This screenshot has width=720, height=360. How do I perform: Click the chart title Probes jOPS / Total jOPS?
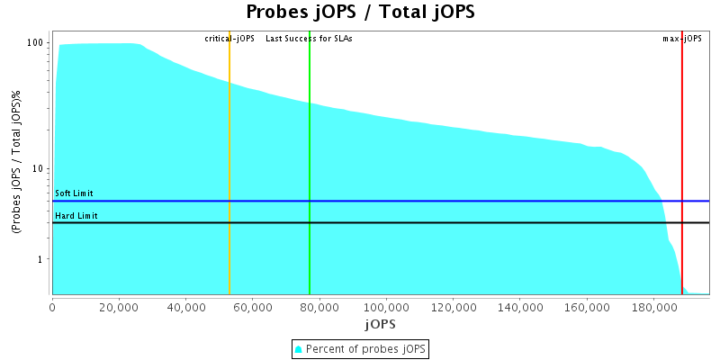(360, 12)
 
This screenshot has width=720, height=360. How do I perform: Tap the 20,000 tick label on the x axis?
(119, 308)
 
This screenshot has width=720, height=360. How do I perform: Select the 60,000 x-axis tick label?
(253, 308)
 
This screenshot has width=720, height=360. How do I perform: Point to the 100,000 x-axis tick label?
(387, 308)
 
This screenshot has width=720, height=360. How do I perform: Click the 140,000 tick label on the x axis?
(520, 308)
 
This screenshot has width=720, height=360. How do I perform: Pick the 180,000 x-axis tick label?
(654, 308)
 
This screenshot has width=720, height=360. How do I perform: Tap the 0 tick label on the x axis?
(52, 308)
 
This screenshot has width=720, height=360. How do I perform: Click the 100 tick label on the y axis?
(37, 43)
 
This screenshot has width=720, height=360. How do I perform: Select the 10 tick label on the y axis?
(40, 169)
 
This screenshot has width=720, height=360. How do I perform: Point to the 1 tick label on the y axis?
(42, 259)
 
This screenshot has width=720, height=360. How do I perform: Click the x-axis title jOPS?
(380, 323)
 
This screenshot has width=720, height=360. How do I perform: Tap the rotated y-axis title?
(17, 163)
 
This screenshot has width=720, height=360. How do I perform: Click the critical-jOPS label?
(229, 39)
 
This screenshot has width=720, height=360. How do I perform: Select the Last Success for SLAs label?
(309, 39)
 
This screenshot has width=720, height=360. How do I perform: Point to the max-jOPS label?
(682, 39)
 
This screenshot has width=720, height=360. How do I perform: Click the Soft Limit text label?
(74, 193)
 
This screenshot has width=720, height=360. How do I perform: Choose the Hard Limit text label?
(76, 216)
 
